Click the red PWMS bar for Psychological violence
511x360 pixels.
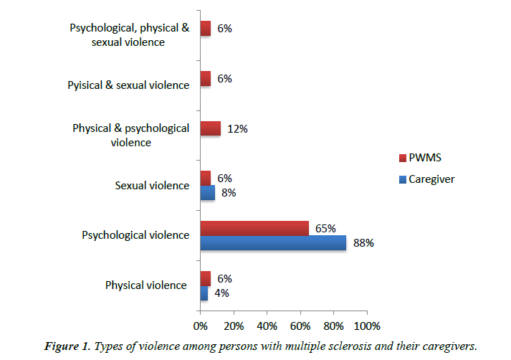(254, 228)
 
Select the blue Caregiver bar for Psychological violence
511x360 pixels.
(273, 242)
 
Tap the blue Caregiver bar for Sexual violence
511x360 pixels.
(207, 192)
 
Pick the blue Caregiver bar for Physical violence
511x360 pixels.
(204, 293)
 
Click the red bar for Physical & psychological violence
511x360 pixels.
(210, 128)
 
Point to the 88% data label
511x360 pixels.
(363, 242)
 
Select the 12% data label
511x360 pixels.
(237, 129)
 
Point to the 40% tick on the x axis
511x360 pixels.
(267, 326)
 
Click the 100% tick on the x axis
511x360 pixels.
(367, 326)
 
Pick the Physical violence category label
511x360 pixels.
(146, 285)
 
